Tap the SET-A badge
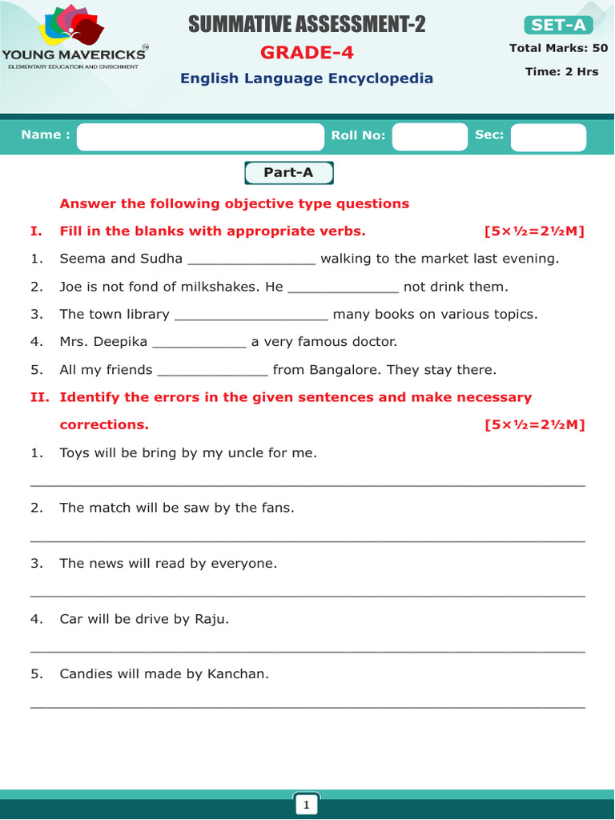click(558, 25)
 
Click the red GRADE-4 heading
click(307, 53)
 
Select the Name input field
click(199, 136)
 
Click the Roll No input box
click(429, 136)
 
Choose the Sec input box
click(549, 136)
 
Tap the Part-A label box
click(288, 172)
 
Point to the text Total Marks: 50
click(558, 48)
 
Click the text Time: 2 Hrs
click(561, 71)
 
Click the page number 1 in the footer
click(306, 804)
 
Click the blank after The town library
click(251, 316)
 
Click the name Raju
click(211, 619)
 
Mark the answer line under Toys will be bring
click(307, 485)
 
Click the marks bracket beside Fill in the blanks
click(534, 231)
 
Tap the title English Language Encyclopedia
click(307, 78)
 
